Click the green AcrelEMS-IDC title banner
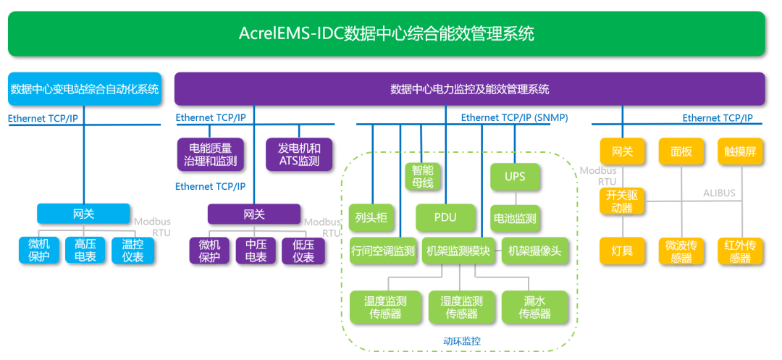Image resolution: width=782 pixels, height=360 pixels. coord(387,34)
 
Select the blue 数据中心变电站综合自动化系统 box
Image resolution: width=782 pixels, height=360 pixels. coord(85,89)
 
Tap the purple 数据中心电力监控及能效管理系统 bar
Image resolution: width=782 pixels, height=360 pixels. coord(469,89)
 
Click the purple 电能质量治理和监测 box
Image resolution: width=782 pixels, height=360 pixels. coord(210,154)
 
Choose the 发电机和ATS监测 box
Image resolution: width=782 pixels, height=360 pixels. coord(299,154)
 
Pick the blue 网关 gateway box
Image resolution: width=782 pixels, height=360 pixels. coord(83,214)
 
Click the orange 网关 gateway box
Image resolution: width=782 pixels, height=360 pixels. coord(622,151)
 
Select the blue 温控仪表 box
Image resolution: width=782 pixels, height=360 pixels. coord(133,251)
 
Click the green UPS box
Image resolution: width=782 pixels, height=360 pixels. coord(516,177)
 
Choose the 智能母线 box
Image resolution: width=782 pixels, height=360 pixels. coord(423,177)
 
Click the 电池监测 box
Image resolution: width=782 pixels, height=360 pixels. coord(516,218)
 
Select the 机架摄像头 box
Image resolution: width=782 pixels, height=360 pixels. coord(534,251)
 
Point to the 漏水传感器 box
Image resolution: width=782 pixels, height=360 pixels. coord(534,307)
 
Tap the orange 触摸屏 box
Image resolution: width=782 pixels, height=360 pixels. coord(741,151)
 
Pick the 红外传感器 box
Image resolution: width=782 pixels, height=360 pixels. coord(741,251)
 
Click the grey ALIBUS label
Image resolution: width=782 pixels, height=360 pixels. coord(719,193)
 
